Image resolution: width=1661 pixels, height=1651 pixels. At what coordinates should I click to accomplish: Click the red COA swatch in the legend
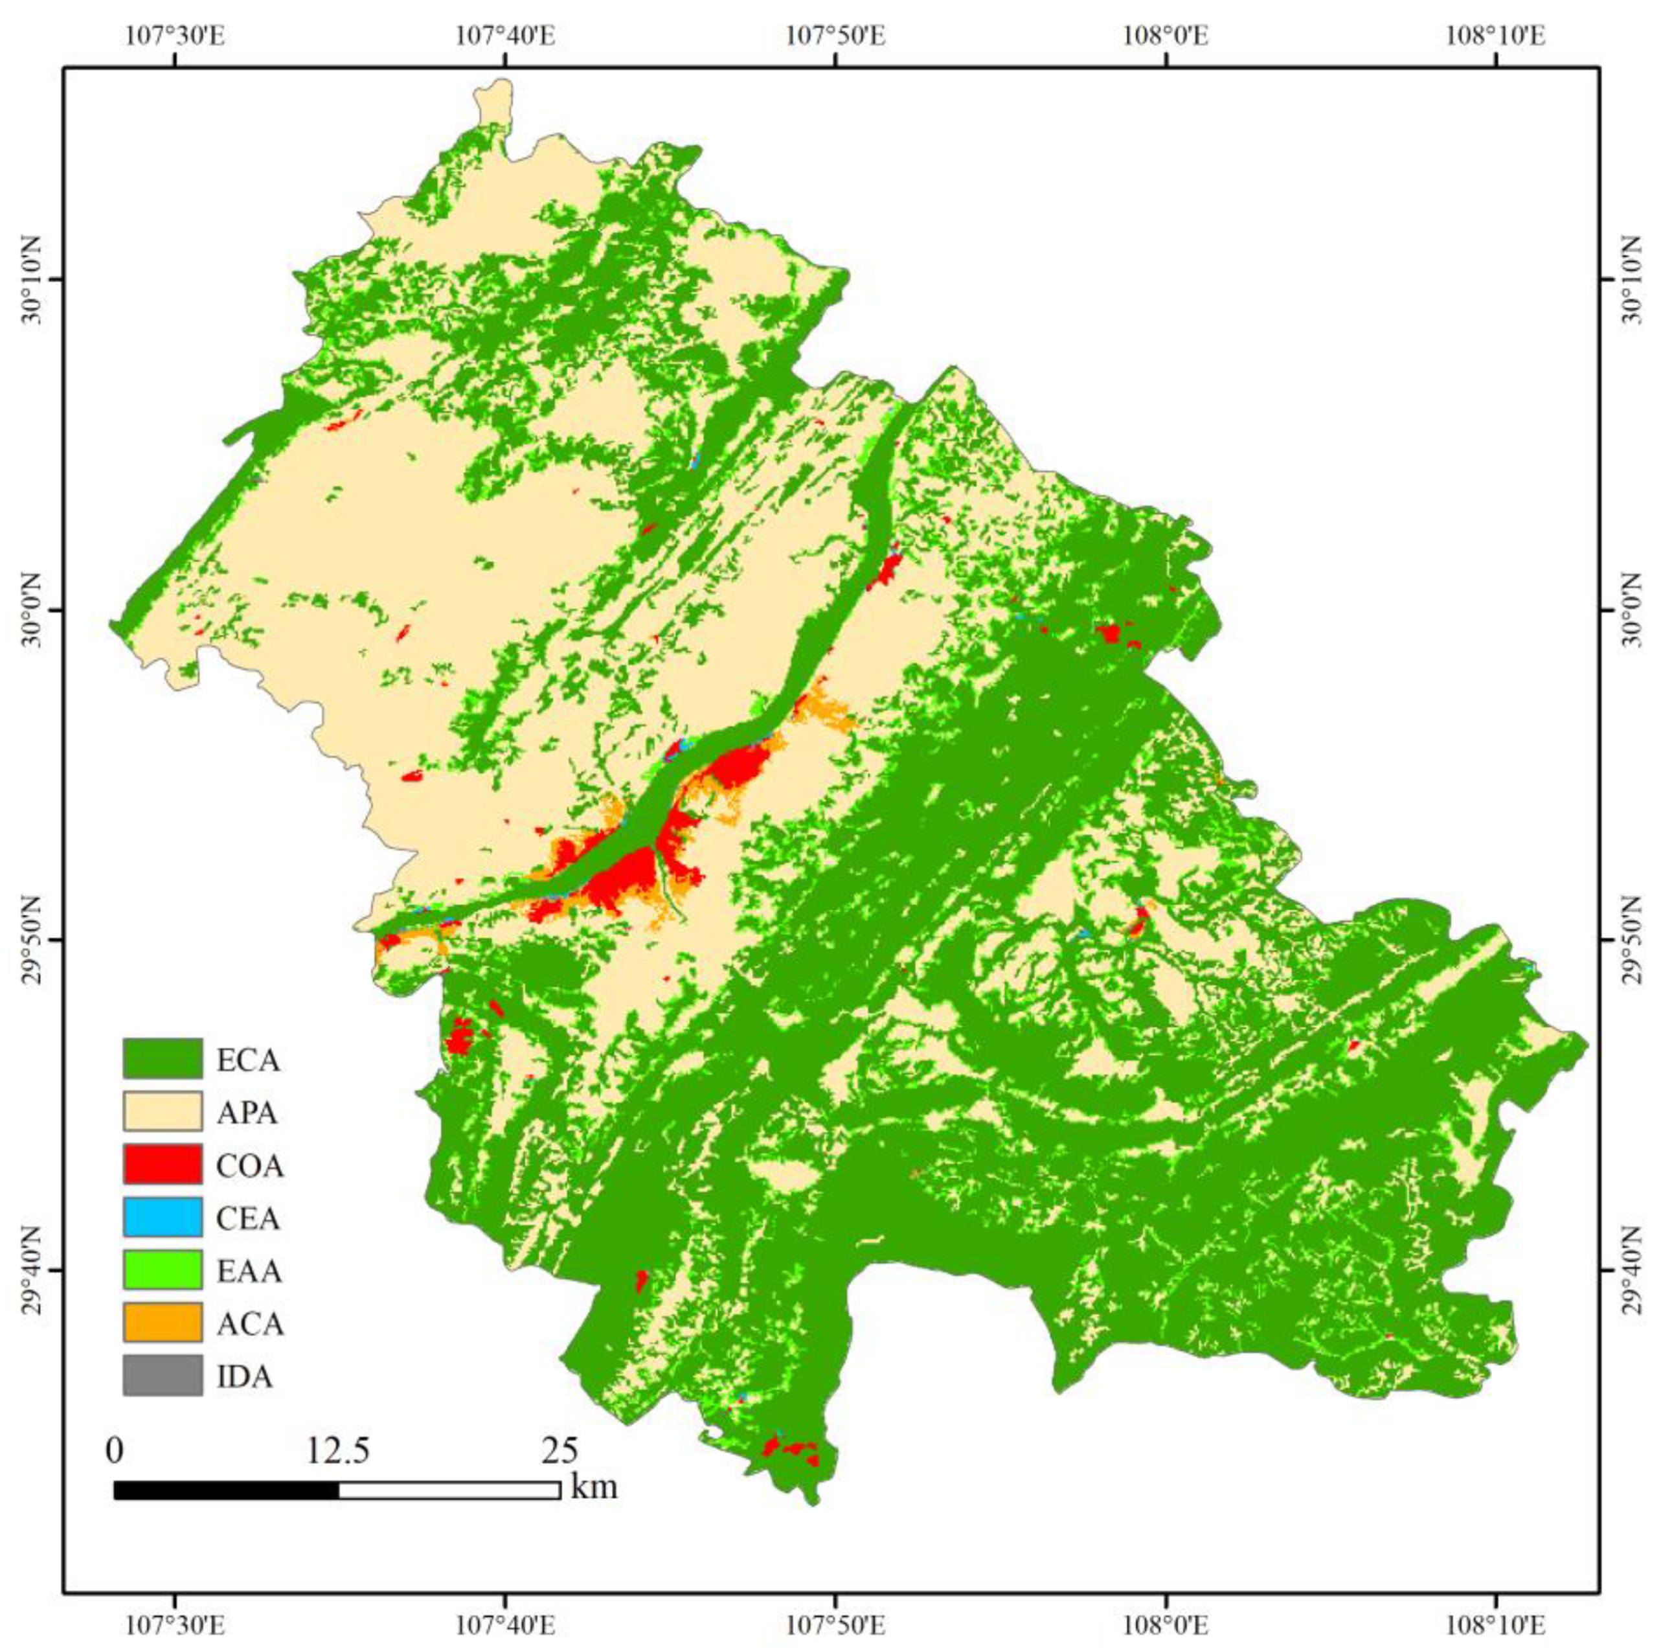(x=162, y=1165)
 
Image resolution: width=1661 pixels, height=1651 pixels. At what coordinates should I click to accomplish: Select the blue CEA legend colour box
(x=162, y=1217)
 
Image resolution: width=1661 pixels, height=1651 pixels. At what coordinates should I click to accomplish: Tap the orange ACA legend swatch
(x=162, y=1323)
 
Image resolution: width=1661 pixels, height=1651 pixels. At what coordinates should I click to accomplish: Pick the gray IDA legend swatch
(x=162, y=1376)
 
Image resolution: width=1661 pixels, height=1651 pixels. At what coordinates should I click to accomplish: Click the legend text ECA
(x=249, y=1060)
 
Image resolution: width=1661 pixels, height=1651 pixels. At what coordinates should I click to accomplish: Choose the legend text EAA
(x=249, y=1270)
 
